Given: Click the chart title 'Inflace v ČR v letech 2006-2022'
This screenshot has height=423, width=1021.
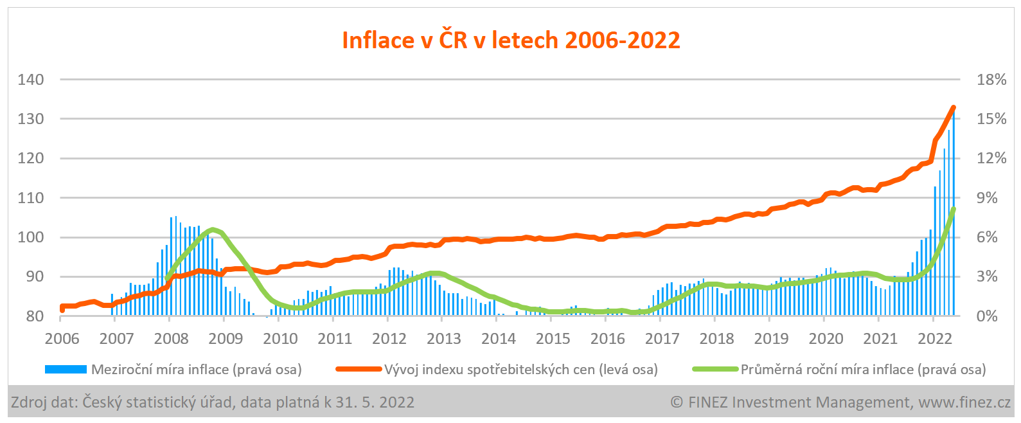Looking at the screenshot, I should pos(511,40).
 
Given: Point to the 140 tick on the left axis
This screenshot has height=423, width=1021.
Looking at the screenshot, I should pos(31,80).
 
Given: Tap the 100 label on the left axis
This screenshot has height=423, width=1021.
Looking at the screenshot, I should pos(31,237).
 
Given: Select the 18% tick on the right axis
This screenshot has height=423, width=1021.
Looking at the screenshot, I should pos(991,80).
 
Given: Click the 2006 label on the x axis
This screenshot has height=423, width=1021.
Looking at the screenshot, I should pos(62,339).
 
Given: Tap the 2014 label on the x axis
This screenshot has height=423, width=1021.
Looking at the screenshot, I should pos(499,339).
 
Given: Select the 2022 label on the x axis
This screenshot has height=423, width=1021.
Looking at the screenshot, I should pos(935,339).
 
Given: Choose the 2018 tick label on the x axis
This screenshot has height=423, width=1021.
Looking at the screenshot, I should pos(716,339).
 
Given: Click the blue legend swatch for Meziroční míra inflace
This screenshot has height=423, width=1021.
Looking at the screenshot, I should pos(66,370).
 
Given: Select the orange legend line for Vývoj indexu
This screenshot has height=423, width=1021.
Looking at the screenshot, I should pos(359,370).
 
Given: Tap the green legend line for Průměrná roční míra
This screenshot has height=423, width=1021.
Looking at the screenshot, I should pos(715,370).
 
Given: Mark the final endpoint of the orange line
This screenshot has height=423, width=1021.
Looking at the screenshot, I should pos(954,108).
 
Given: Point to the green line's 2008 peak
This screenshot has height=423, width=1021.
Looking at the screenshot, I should pos(213,230).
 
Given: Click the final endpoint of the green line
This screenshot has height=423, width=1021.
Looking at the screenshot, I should pos(954,210).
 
